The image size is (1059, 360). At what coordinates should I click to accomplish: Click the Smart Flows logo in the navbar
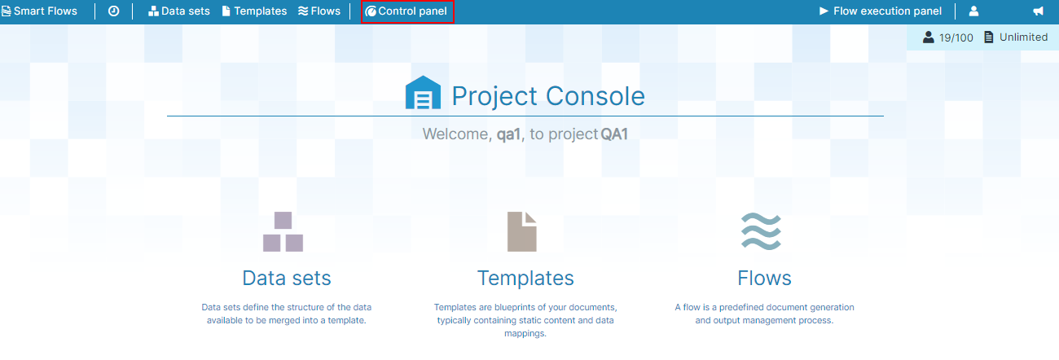tap(39, 11)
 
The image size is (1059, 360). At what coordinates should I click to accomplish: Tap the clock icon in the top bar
tap(113, 11)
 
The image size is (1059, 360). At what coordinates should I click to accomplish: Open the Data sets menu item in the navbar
tap(178, 11)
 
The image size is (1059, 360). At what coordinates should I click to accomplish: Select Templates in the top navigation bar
tap(254, 11)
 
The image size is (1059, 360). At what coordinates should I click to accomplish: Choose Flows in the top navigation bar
tap(319, 11)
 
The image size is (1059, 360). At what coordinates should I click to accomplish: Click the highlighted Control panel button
tap(407, 11)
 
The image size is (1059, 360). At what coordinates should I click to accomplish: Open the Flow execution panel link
tap(881, 11)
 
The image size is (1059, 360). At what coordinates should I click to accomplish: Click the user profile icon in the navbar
tap(973, 11)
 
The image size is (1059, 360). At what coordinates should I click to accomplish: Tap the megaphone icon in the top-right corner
tap(1038, 11)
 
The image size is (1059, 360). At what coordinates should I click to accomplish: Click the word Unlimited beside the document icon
tap(1023, 37)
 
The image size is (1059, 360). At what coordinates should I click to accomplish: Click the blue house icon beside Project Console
tap(423, 93)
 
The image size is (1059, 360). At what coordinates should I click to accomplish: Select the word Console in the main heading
tap(595, 96)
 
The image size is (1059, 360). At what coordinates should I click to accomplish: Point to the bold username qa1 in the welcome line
tap(508, 134)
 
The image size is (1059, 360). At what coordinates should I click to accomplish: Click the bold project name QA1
tap(614, 134)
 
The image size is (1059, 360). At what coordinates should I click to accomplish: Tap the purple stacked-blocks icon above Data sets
tap(283, 231)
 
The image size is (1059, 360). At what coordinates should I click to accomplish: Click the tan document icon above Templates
tap(521, 231)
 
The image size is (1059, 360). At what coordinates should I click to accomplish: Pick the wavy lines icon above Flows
tap(761, 231)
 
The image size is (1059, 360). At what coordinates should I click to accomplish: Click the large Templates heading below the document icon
tap(525, 279)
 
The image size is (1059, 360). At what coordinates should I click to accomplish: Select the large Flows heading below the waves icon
tap(764, 279)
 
